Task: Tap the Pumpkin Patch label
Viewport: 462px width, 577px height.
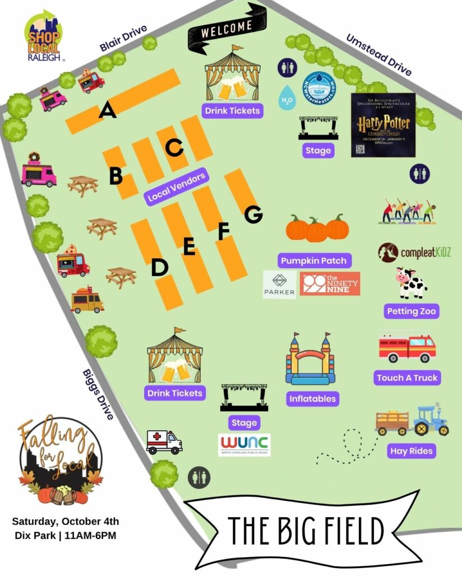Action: [313, 260]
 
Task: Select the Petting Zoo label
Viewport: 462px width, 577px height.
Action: [412, 311]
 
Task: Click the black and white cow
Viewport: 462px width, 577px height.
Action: [411, 283]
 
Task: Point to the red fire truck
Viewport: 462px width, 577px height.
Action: [407, 348]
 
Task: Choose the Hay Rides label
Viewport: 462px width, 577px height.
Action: [412, 450]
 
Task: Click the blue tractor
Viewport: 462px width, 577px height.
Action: [431, 420]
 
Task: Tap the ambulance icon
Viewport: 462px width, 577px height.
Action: [164, 441]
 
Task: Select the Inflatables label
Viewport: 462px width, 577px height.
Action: [312, 399]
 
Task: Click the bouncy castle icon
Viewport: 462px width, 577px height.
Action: [310, 360]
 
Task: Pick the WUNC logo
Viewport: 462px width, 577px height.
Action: [244, 444]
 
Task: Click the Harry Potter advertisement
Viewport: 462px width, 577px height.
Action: [383, 125]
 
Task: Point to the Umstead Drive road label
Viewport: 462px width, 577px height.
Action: [378, 55]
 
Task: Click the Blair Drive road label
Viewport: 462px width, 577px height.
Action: [123, 39]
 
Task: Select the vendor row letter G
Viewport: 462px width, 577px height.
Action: [253, 213]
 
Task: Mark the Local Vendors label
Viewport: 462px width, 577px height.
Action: [175, 187]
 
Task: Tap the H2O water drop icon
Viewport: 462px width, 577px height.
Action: [287, 97]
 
